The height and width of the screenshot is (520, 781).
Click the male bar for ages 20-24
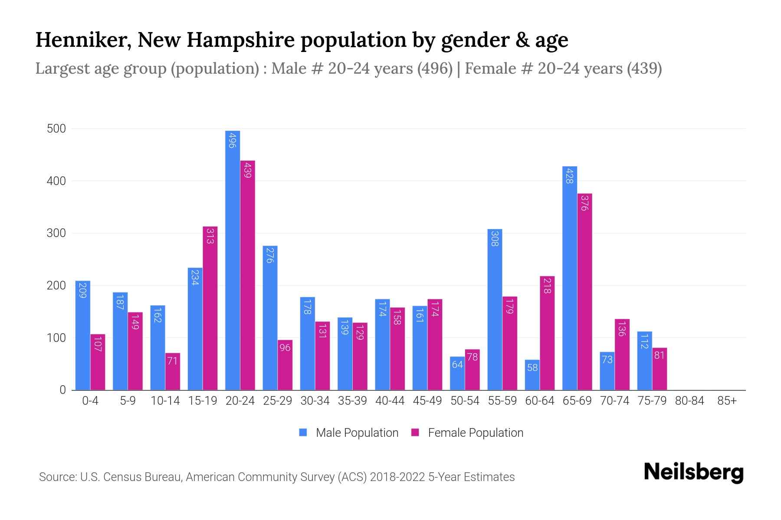(233, 260)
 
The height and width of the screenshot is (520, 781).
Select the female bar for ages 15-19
(210, 308)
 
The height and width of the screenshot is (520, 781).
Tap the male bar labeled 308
(495, 309)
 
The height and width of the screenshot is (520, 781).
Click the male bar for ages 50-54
(457, 373)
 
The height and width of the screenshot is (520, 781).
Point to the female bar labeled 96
(285, 365)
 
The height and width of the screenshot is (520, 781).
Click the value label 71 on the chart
(173, 361)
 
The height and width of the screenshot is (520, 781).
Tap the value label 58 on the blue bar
(532, 367)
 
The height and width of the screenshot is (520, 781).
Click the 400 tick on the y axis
(56, 181)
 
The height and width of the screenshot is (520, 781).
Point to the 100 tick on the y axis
(56, 338)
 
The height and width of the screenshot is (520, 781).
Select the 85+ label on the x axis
(727, 401)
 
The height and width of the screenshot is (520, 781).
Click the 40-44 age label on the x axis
(390, 401)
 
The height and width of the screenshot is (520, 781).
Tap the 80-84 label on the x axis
(689, 401)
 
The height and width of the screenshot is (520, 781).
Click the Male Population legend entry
(349, 432)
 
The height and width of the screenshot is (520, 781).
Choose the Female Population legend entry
(468, 432)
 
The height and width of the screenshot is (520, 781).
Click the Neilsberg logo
(693, 472)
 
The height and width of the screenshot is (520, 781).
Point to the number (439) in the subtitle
(644, 68)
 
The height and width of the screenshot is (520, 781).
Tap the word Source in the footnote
(57, 477)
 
